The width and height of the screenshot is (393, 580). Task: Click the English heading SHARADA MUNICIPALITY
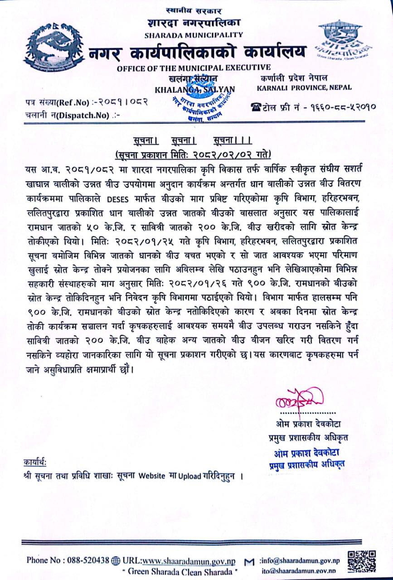click(194, 34)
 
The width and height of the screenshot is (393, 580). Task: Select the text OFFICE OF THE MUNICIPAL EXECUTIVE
click(194, 68)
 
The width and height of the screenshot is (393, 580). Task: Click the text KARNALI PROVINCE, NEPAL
click(304, 88)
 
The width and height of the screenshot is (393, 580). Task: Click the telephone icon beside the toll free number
click(256, 107)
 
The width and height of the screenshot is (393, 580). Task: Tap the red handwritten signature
click(301, 399)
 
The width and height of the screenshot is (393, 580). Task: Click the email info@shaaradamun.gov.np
click(301, 561)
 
